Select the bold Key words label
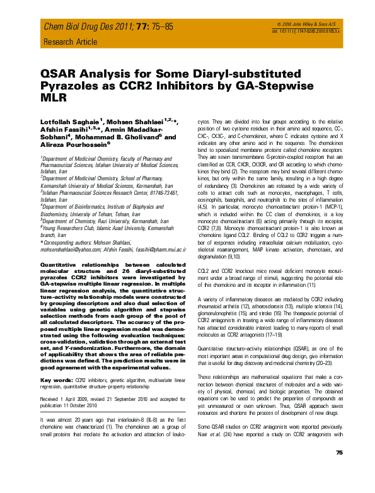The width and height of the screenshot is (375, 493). pos(55,381)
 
